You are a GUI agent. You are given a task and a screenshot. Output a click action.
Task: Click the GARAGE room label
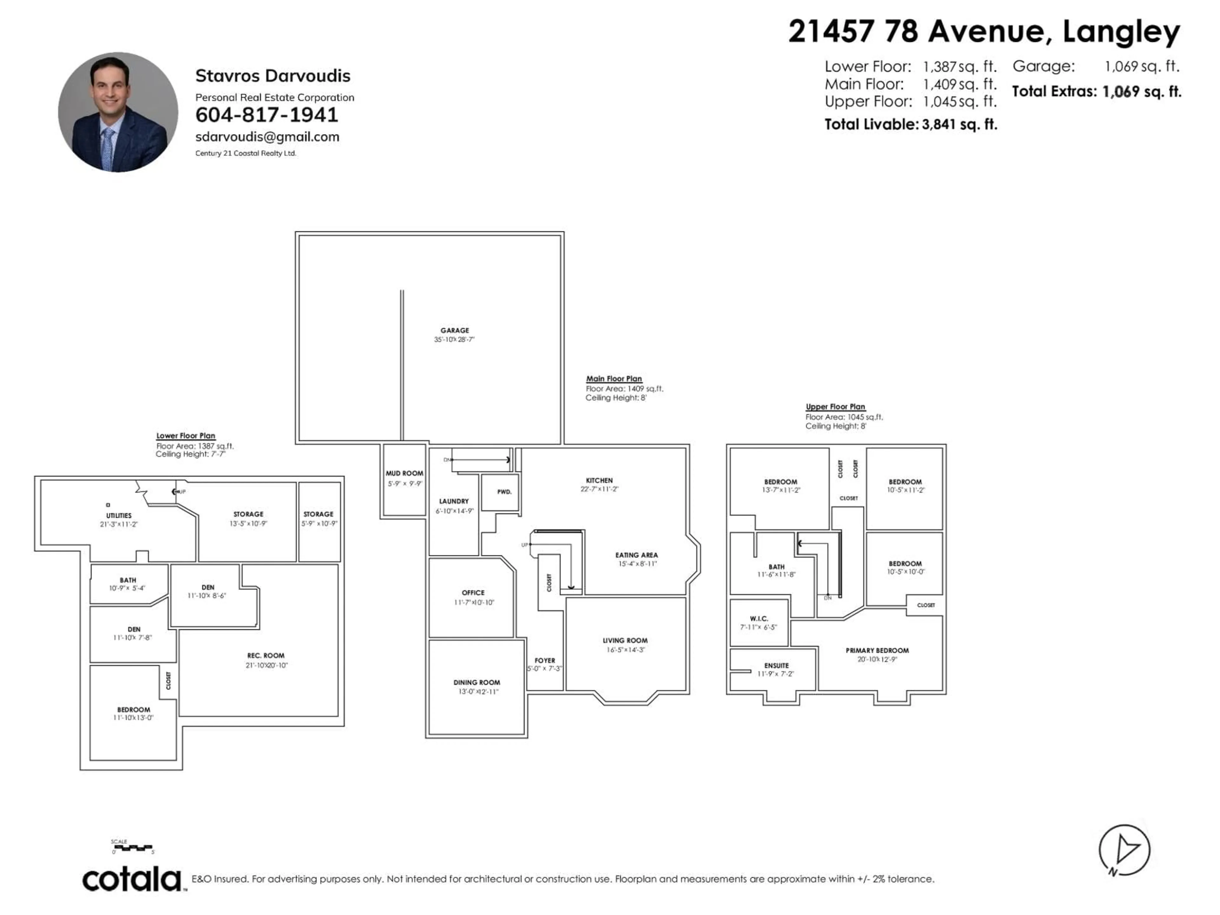coord(454,330)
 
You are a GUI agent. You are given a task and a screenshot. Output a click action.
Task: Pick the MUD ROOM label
coord(404,473)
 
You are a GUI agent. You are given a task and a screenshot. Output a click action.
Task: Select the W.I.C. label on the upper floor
coord(759,619)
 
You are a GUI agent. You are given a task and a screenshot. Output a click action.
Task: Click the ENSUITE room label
coord(776,666)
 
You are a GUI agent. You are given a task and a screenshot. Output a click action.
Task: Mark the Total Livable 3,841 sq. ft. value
coord(959,125)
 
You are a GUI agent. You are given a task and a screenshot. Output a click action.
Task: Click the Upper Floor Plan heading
coord(835,406)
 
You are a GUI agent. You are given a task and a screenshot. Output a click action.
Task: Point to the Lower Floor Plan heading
coord(185,436)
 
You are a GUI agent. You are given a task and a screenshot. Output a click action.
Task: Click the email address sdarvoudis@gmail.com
coord(267,137)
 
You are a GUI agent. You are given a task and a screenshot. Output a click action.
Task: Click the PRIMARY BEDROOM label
coord(877,650)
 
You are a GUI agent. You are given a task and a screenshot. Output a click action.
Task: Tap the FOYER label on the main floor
coord(544,660)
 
